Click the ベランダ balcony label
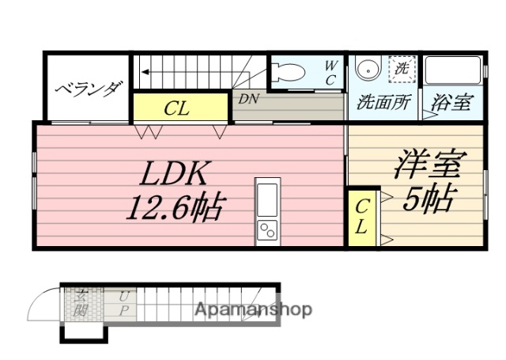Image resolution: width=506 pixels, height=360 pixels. coord(88,88)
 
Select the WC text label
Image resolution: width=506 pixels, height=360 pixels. coord(331,70)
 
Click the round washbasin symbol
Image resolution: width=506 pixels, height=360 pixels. coord(366,70)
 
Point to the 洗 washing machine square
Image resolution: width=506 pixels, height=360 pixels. coord(402,68)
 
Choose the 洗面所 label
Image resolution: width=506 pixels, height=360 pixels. coord(383,101)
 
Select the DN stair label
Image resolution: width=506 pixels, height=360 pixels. coord(248,99)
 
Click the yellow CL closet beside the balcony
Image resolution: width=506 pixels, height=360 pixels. coord(180,108)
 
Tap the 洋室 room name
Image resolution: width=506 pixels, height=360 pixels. coord(428,164)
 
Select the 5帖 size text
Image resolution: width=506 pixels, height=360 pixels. coord(427,200)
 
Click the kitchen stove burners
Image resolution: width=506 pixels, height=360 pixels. coord(267,231)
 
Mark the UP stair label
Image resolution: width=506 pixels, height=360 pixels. coord(124,303)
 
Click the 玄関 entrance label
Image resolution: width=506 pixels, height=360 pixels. coord(81,303)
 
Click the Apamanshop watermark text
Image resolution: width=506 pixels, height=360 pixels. coord(253,309)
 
